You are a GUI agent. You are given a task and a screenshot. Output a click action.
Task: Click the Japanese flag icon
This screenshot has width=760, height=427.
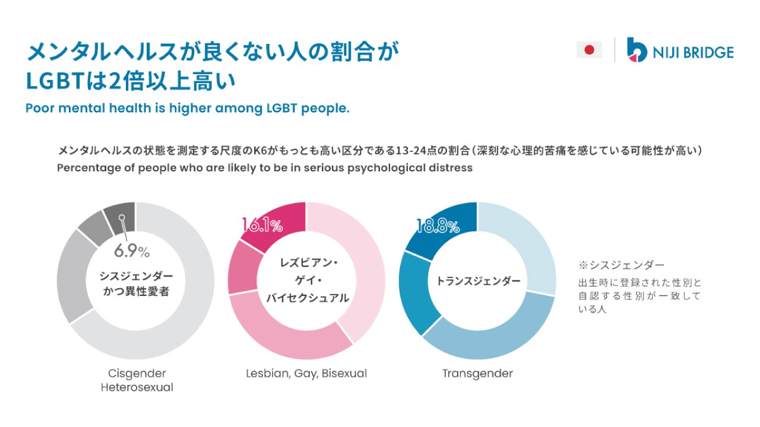tap(589, 50)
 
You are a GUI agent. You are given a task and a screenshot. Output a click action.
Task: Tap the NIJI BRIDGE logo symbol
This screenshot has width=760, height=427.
tap(636, 50)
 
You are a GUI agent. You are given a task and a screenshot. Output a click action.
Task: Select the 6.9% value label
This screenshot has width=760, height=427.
tap(131, 251)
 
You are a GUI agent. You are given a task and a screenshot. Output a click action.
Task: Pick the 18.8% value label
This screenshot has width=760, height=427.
tap(438, 226)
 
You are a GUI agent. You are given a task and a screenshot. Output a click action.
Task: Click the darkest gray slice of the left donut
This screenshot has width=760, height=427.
tap(120, 216)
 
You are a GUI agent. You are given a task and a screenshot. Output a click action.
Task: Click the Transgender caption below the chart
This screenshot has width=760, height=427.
tap(477, 374)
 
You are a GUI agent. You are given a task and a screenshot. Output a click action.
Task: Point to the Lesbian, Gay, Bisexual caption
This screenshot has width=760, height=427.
tap(306, 374)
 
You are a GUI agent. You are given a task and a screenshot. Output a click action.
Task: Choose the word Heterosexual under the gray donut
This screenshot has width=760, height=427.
tap(137, 388)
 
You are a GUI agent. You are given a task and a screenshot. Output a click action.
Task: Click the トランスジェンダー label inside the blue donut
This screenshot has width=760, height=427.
tap(478, 281)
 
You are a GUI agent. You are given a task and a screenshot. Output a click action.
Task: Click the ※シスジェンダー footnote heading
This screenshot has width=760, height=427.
tap(622, 265)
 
